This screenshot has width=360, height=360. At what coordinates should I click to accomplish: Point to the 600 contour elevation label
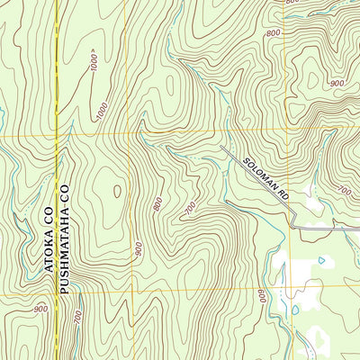click(x=260, y=296)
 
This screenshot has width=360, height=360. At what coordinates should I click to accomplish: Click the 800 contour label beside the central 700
click(x=158, y=204)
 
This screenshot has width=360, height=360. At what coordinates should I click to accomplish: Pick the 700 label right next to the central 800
click(x=191, y=210)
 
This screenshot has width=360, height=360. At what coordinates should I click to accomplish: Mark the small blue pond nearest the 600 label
click(x=294, y=310)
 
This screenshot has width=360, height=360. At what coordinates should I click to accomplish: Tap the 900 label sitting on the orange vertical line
click(x=138, y=248)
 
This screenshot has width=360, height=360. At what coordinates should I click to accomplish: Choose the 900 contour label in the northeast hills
click(x=337, y=83)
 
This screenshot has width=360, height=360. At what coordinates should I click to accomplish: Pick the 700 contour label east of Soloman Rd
click(x=343, y=191)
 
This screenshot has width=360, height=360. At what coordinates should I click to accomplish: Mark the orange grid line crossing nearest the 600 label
click(x=287, y=286)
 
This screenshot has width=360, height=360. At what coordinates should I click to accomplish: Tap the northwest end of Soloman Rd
click(x=221, y=147)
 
